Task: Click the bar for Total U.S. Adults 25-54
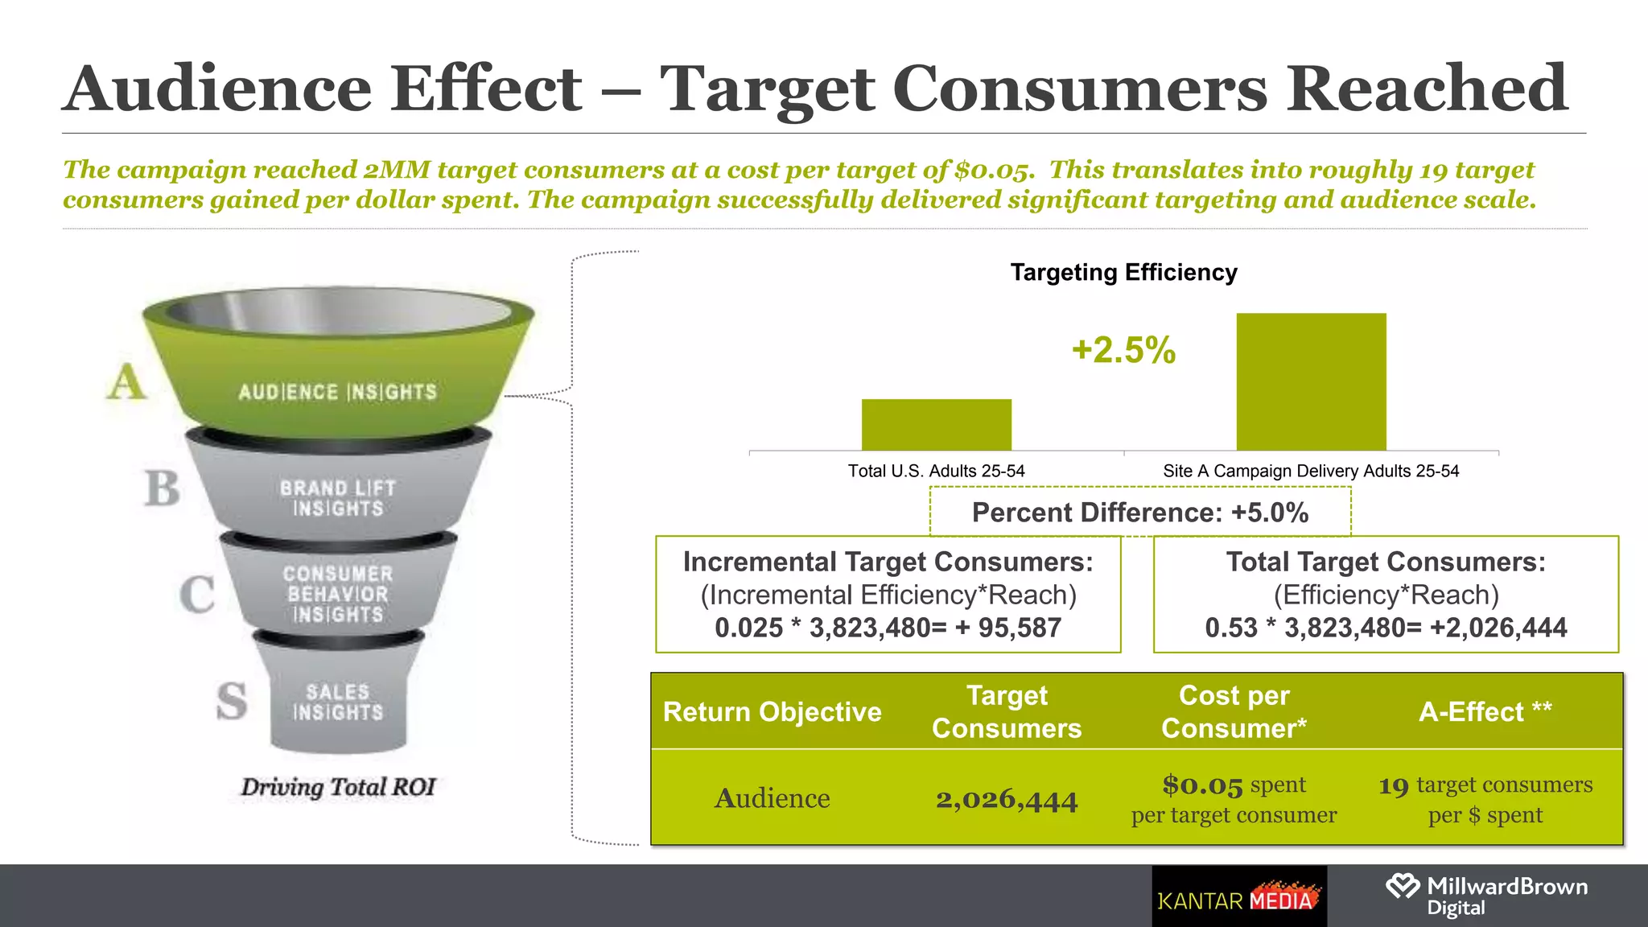click(936, 424)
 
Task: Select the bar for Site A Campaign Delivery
click(1311, 381)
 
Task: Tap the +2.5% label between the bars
click(1123, 350)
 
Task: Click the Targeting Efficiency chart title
click(1123, 273)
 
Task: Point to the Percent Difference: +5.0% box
click(1139, 513)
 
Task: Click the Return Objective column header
click(772, 712)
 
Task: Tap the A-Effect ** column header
click(1485, 712)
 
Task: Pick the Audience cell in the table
click(772, 798)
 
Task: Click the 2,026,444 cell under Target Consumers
click(1006, 799)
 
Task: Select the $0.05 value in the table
click(1201, 785)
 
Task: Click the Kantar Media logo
click(1238, 897)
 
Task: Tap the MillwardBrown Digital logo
click(1486, 896)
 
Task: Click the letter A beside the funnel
click(126, 382)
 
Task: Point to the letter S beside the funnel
click(232, 701)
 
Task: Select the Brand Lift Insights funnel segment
click(337, 498)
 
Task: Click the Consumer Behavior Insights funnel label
click(337, 595)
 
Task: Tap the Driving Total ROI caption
click(338, 787)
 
